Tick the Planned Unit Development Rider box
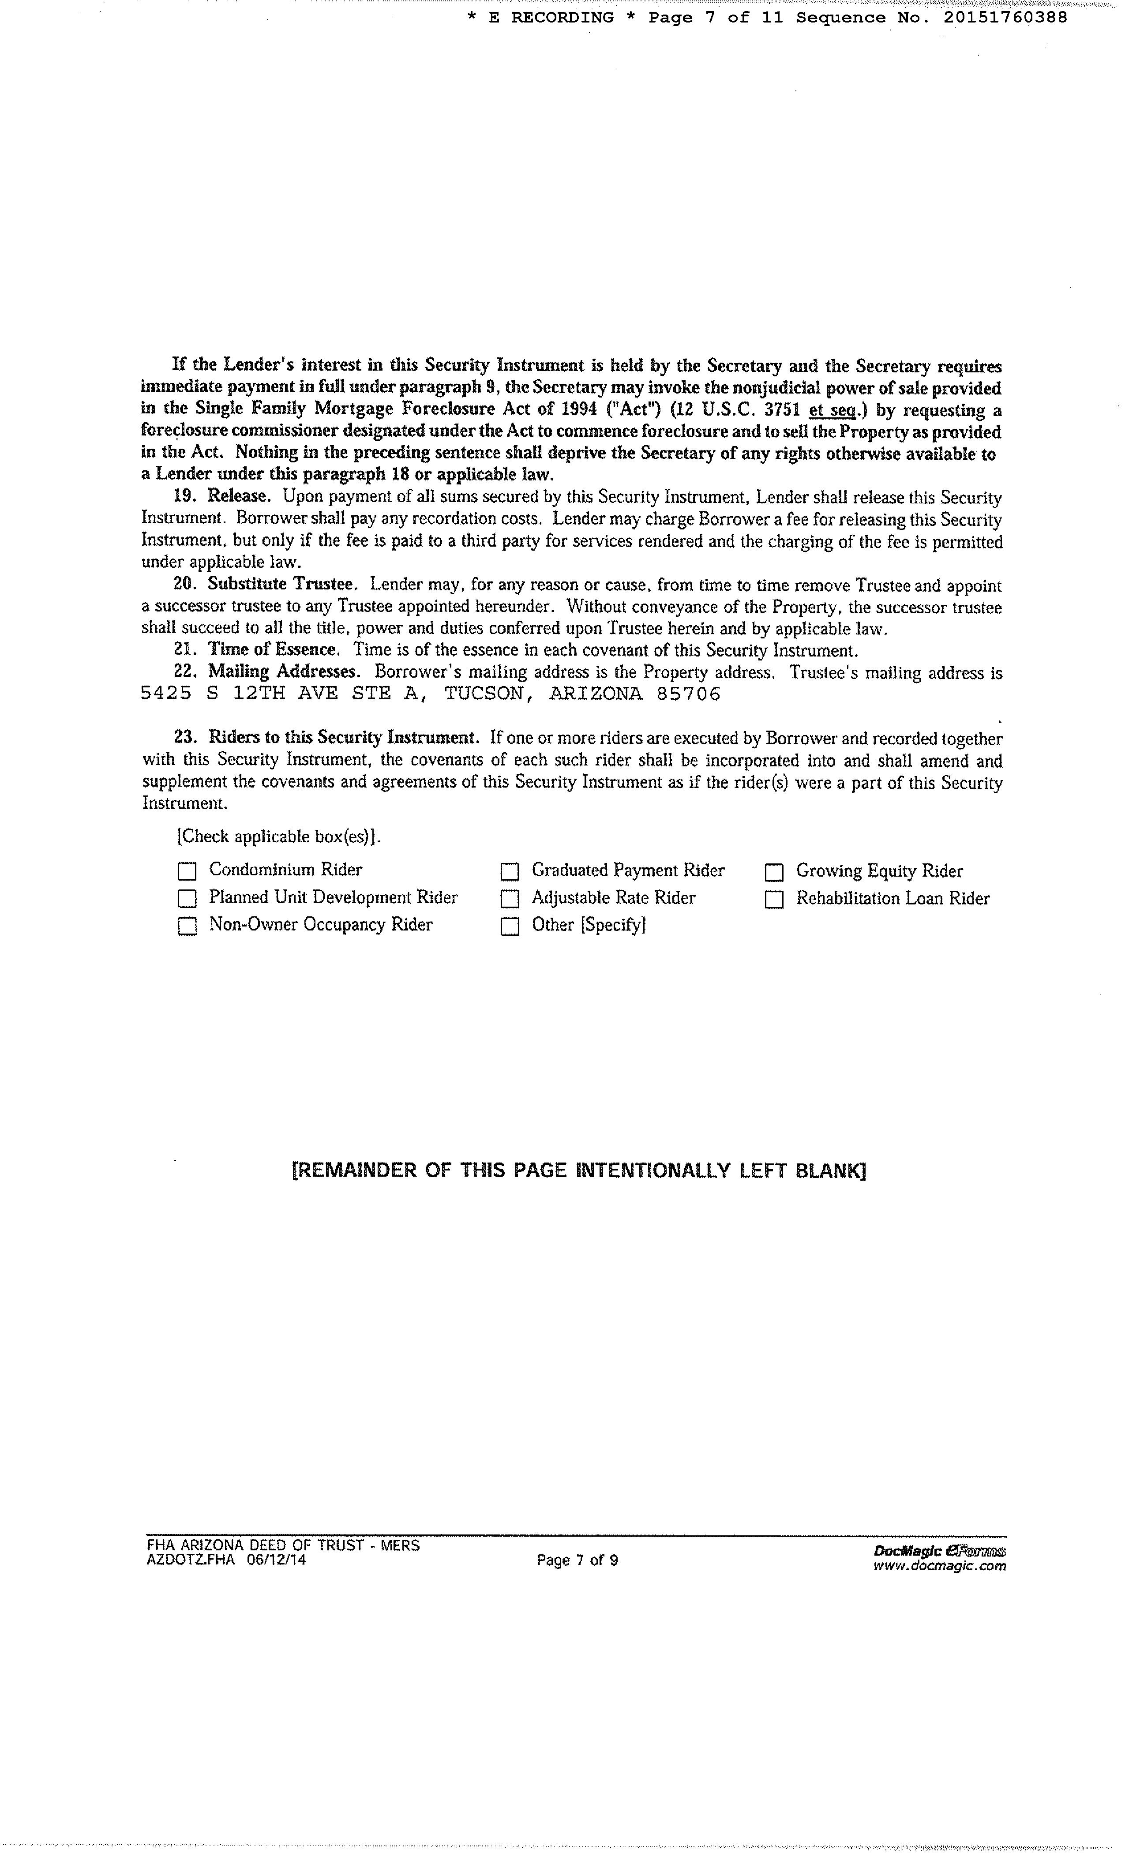tap(187, 899)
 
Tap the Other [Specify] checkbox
tap(510, 926)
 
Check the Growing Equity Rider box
tap(774, 872)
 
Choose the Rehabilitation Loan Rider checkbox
tap(774, 900)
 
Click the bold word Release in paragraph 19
tap(238, 496)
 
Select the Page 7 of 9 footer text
tap(577, 1560)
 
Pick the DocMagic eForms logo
tap(939, 1551)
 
